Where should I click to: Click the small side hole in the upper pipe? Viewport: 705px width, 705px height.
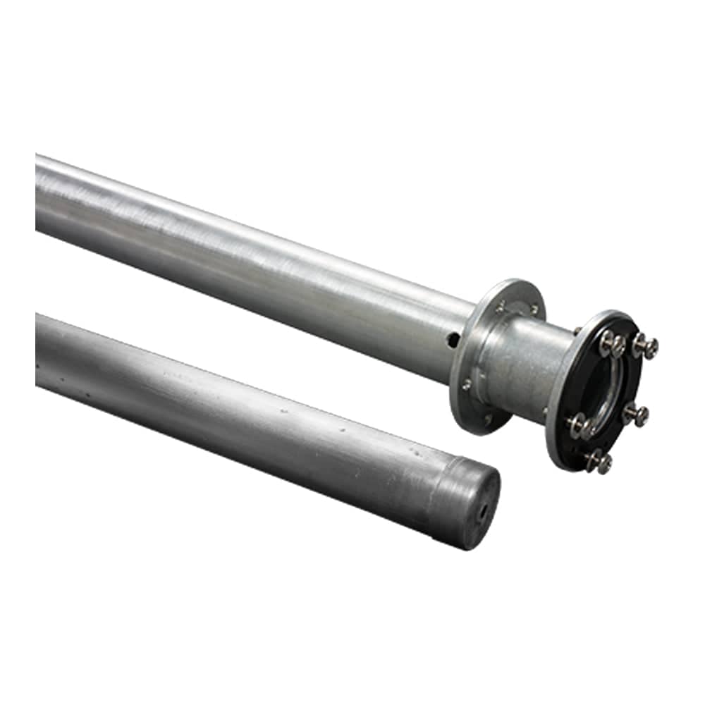click(x=453, y=340)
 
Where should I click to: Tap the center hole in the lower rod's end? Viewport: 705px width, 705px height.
click(x=483, y=513)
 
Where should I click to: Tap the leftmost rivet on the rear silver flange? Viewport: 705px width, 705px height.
click(x=466, y=385)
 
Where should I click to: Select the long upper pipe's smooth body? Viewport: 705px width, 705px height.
click(x=247, y=254)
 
